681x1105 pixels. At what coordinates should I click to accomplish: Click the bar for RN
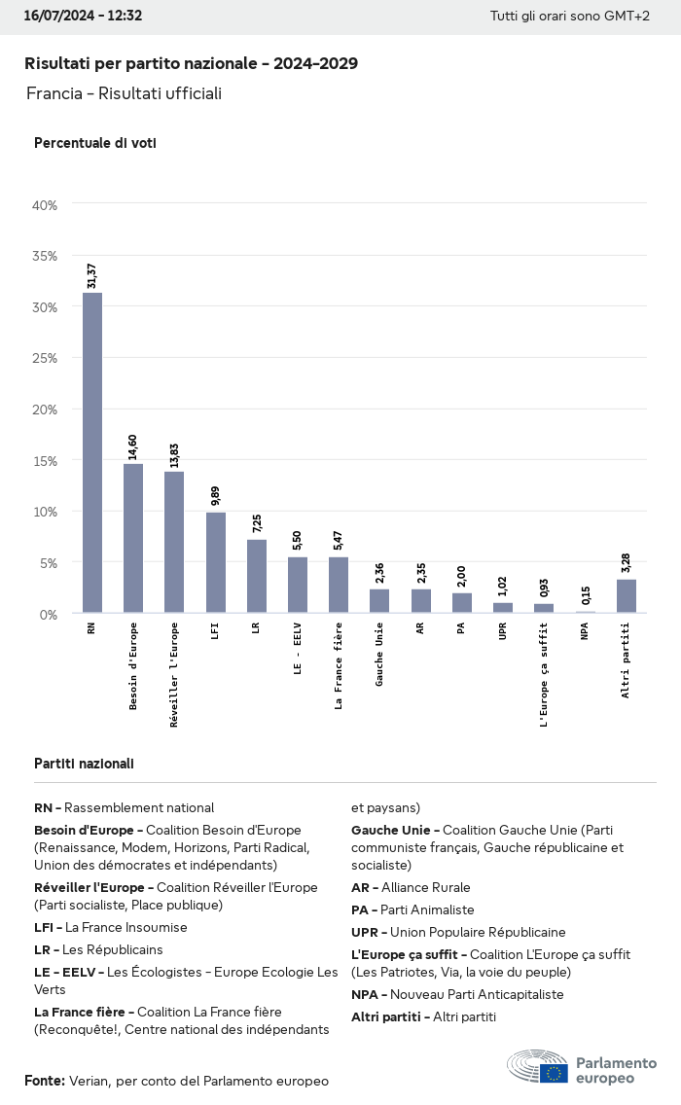coord(92,452)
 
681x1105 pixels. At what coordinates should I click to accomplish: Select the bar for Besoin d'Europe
coord(133,538)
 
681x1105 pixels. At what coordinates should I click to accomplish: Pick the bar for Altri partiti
coord(627,596)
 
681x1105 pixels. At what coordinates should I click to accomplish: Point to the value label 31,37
coord(92,276)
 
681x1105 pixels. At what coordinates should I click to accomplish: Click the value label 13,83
coord(174,455)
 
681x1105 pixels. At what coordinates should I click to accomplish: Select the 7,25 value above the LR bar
coord(257,523)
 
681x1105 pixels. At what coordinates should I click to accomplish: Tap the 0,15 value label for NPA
coord(586,595)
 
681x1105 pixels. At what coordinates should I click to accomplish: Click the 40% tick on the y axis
coord(46,205)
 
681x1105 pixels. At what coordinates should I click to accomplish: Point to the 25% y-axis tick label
coord(46,358)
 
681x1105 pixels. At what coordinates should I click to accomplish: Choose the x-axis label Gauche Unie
coord(379,655)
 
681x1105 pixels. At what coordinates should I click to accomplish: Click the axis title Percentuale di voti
coord(95,143)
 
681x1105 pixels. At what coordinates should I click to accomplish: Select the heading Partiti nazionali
coord(84,764)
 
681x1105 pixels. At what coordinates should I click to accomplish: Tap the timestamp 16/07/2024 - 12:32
coord(83,16)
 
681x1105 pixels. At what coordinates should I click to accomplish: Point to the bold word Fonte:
coord(45,1081)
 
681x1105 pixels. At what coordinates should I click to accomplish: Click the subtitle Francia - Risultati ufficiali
coord(125,93)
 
